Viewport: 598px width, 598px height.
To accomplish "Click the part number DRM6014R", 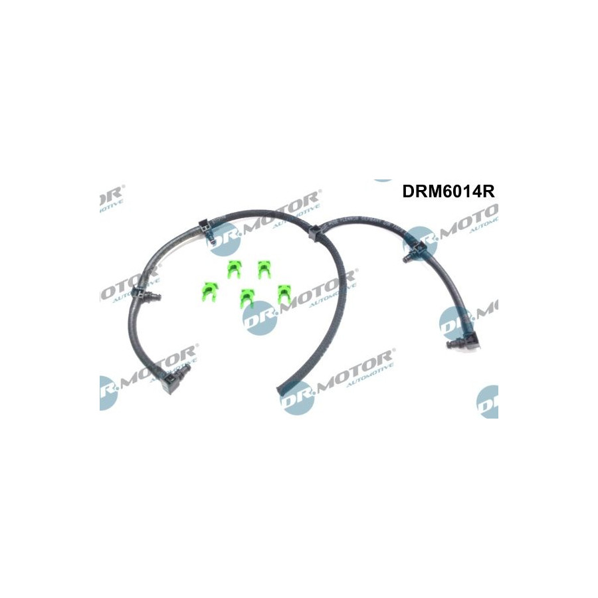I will (x=449, y=191).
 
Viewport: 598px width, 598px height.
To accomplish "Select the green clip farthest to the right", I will (x=285, y=292).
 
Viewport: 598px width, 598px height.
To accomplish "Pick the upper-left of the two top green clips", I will (x=233, y=269).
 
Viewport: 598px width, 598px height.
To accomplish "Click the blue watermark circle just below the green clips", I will (x=258, y=318).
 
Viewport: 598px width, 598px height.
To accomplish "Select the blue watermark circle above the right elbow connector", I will (x=455, y=323).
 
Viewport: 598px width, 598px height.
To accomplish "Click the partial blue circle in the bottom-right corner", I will (x=488, y=401).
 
